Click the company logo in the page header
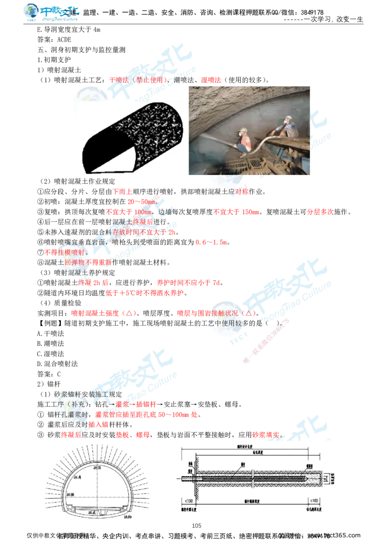(x=52, y=13)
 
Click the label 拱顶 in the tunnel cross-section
(x=98, y=467)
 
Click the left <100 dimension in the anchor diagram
(x=187, y=500)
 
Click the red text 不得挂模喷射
(x=64, y=252)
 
